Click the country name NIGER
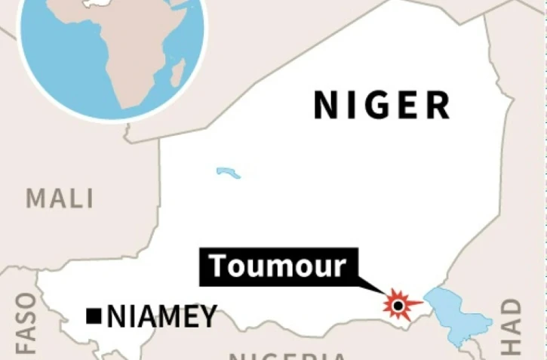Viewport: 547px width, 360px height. pos(382,105)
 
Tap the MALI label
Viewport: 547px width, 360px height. pos(60,198)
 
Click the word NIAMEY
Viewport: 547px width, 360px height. pos(162,317)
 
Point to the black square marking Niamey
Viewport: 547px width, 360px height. pos(94,316)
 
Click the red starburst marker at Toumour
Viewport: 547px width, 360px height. pos(398,306)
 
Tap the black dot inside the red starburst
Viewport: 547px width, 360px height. pos(398,306)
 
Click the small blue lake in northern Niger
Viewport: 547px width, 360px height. pos(228,173)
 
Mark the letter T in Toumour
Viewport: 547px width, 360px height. pos(218,266)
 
